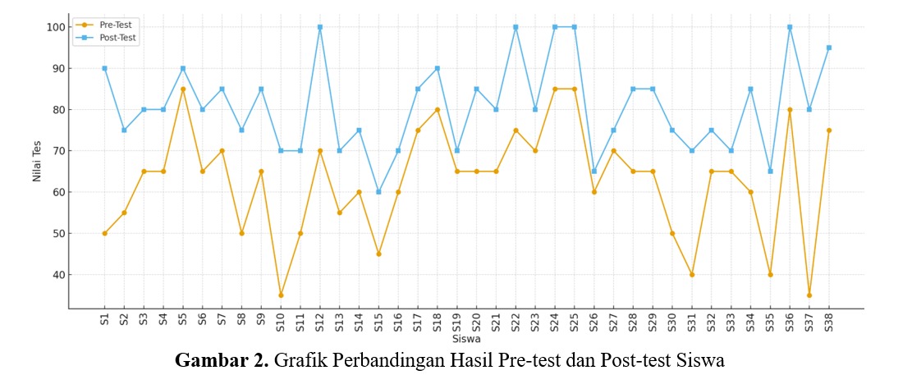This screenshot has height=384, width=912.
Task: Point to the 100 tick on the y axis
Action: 55,27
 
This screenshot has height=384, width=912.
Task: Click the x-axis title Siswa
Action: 465,339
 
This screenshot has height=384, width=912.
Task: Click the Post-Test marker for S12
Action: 319,27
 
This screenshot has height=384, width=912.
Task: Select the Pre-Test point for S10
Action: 281,295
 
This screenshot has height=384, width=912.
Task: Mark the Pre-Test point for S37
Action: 809,295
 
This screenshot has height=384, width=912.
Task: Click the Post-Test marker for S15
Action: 378,192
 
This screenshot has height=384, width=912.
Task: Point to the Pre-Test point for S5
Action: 182,89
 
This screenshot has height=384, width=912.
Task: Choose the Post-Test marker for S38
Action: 829,48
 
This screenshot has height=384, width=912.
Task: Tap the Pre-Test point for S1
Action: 104,233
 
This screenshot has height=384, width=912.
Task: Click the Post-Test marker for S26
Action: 594,171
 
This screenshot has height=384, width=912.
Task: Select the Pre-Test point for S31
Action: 692,275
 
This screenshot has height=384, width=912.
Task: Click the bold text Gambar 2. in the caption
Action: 222,362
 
